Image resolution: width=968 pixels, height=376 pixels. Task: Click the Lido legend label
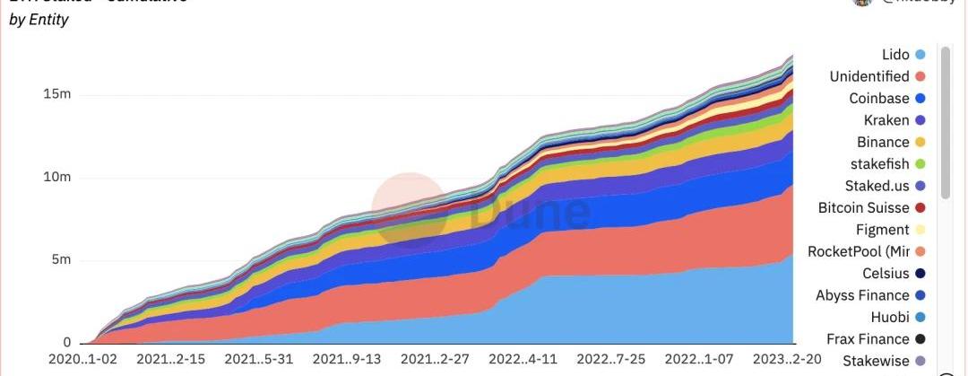tap(895, 55)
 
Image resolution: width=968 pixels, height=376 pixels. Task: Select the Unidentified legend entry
tap(869, 76)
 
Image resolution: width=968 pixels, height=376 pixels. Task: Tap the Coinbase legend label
tap(879, 99)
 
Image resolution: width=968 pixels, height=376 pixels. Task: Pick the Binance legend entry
tap(883, 142)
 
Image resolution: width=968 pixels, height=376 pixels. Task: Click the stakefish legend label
tap(879, 164)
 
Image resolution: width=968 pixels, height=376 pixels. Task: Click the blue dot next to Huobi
tap(920, 318)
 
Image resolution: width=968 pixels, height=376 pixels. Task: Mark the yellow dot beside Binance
tap(920, 142)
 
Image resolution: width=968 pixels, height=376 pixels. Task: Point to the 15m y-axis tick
tap(57, 95)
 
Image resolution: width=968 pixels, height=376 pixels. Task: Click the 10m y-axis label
tap(57, 178)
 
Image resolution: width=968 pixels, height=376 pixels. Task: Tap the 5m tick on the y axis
tap(61, 260)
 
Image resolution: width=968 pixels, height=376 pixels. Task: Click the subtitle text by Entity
tap(39, 20)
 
